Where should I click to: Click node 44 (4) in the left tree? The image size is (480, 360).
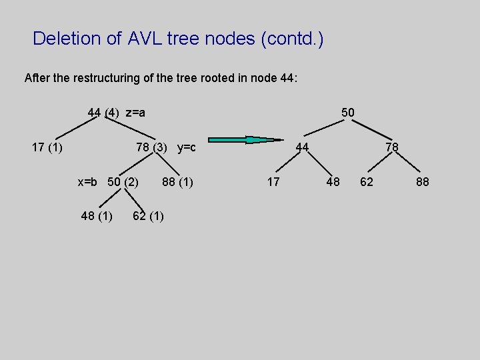[x=103, y=113]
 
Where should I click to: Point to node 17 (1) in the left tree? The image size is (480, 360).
[x=47, y=147]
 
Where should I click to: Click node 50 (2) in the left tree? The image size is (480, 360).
[x=123, y=181]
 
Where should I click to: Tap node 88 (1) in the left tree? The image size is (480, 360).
[x=177, y=181]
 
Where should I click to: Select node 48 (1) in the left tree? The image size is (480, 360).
[x=96, y=215]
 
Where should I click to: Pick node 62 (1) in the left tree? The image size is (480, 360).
[x=148, y=215]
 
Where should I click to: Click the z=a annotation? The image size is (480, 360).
[x=135, y=113]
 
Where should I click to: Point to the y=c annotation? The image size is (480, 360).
[x=186, y=147]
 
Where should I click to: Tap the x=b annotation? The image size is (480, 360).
[x=87, y=181]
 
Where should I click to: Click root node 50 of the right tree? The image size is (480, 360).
[x=348, y=113]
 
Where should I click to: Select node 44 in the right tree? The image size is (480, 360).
[x=302, y=147]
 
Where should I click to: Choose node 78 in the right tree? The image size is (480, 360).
[x=392, y=147]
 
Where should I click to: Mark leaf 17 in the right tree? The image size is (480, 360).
[x=273, y=181]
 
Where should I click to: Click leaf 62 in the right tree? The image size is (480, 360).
[x=367, y=181]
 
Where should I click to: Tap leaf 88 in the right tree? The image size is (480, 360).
[x=423, y=181]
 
